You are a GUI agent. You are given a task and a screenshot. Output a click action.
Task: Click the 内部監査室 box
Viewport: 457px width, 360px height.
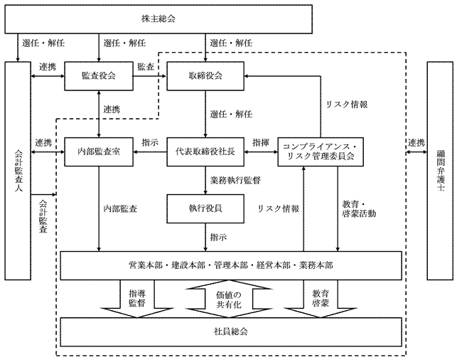(99, 151)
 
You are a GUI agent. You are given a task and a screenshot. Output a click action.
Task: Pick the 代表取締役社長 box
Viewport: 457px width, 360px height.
(205, 151)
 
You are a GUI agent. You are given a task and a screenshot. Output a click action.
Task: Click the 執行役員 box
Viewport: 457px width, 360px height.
(205, 209)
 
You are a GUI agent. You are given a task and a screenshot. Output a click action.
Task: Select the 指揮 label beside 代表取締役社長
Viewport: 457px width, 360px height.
(260, 143)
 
